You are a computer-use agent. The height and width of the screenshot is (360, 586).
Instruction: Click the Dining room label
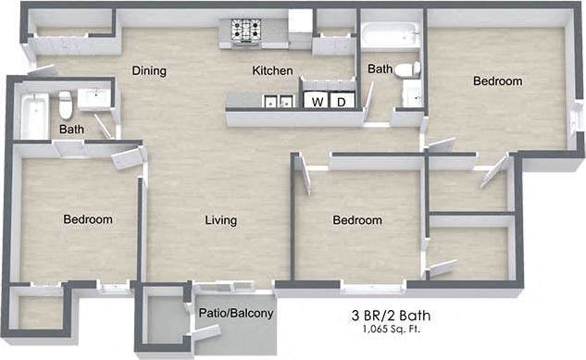point(148,70)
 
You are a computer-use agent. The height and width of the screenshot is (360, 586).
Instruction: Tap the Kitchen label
point(273,70)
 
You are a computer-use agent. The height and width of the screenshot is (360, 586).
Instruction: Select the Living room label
point(221,220)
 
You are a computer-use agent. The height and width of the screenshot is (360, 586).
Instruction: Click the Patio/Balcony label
point(236,314)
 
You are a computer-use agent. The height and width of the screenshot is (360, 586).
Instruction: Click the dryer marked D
point(341,101)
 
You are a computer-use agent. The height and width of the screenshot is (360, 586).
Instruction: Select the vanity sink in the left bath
point(94,98)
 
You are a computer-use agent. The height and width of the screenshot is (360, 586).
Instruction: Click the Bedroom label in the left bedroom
point(88,219)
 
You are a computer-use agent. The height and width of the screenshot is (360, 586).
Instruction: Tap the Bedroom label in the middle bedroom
point(357,220)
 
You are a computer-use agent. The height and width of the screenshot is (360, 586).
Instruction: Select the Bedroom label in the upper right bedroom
point(497,81)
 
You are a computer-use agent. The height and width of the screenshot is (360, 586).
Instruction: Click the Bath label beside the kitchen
point(380,68)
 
